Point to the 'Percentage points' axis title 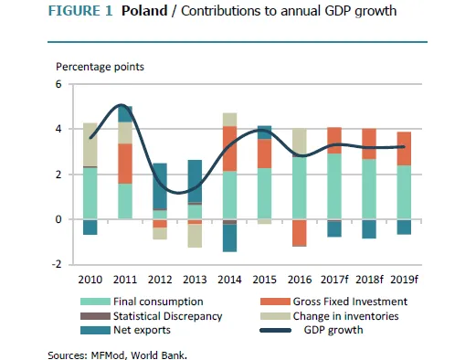100,67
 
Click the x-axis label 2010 90,278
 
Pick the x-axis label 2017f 334,278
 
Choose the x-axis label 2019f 405,278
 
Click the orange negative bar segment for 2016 300,233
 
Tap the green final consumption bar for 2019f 405,192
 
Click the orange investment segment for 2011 124,164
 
